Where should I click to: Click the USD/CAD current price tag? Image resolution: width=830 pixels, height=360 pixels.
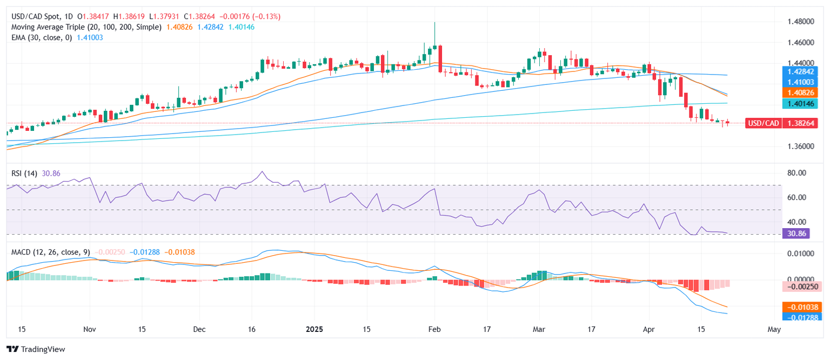(781, 123)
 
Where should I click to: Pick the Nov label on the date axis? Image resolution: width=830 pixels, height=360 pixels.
(90, 329)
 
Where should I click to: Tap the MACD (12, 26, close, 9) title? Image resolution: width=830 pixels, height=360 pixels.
(50, 252)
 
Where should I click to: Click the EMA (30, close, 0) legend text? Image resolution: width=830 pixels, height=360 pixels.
(43, 37)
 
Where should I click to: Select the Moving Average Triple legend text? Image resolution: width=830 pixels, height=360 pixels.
(86, 26)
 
